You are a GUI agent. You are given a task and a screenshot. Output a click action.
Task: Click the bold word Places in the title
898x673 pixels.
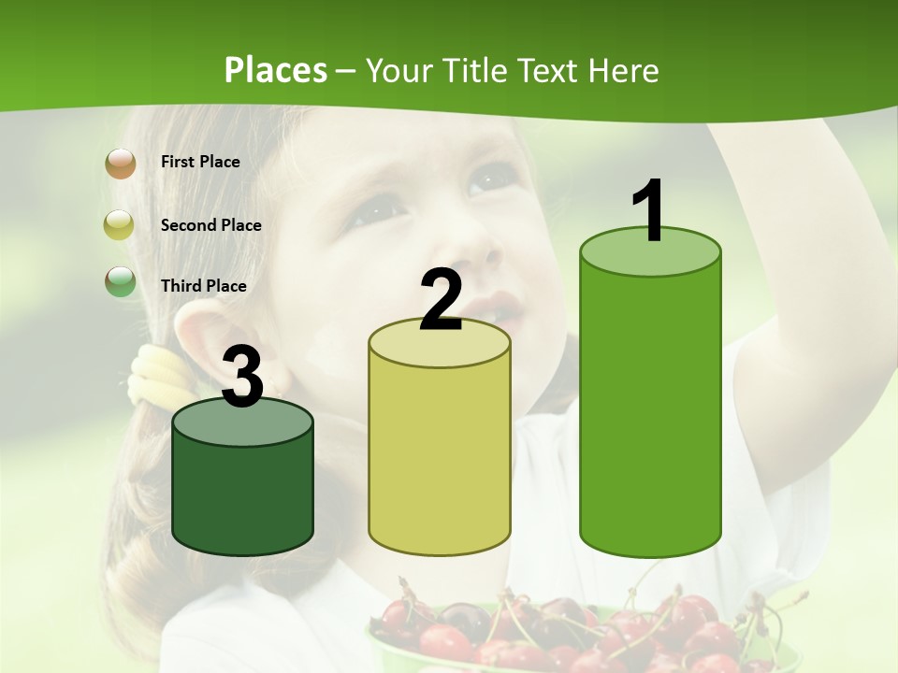(x=276, y=70)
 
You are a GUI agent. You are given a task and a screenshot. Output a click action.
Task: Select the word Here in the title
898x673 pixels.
(x=623, y=70)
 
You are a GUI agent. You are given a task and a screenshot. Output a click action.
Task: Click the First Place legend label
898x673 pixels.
(x=200, y=162)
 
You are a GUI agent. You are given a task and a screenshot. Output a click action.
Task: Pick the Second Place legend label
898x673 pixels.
(x=210, y=225)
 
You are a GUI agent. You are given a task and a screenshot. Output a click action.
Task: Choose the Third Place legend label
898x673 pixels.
(x=204, y=286)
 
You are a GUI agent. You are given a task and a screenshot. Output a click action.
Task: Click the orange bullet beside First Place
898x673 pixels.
(x=121, y=163)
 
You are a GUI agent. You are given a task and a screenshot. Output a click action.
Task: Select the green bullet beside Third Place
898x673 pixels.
(x=121, y=281)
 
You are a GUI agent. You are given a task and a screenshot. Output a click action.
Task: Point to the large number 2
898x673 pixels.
(x=441, y=300)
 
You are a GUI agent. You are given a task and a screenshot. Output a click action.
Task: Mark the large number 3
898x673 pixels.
(x=243, y=378)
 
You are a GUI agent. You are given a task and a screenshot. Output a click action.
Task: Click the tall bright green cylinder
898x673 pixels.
(x=650, y=411)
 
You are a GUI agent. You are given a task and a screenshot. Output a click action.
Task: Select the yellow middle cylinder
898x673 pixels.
(x=440, y=458)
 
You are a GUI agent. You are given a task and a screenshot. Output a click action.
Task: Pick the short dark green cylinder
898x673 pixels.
(x=242, y=495)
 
